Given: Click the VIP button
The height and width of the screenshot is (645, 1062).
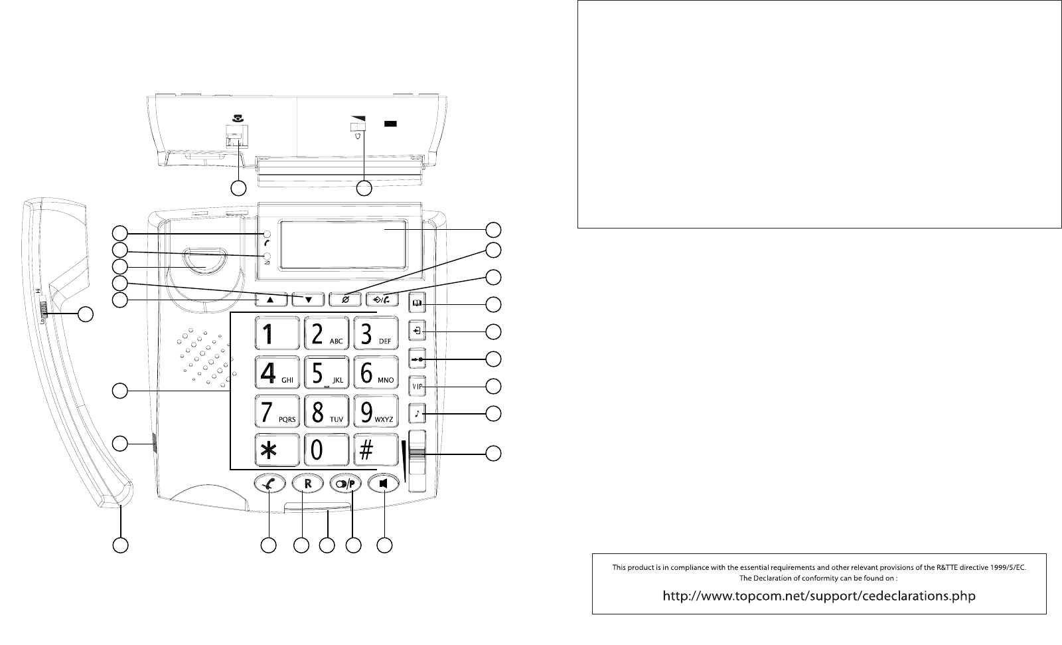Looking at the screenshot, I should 417,386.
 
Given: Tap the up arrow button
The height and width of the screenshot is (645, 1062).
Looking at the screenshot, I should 272,300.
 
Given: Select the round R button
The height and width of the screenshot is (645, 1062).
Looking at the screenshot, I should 307,484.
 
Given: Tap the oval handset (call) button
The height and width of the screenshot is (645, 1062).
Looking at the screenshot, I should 269,484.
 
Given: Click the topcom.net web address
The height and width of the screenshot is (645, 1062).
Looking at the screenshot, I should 819,595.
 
